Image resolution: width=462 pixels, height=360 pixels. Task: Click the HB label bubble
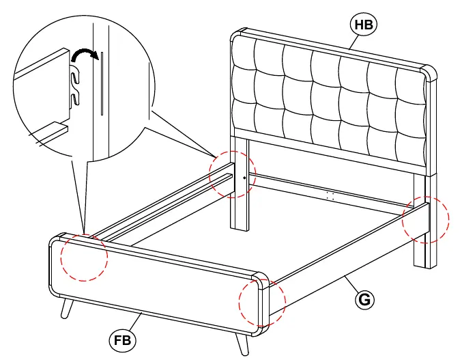[x=363, y=25]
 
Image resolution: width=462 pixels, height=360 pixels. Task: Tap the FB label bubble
[x=122, y=341]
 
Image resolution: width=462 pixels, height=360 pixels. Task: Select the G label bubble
[x=364, y=300]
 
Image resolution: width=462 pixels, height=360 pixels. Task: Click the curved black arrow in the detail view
[x=85, y=55]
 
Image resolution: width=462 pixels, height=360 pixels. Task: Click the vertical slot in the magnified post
[x=102, y=83]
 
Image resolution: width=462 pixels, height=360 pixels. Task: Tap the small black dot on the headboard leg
[x=244, y=178]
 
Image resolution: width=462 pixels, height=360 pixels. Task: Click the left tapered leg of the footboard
[x=67, y=307]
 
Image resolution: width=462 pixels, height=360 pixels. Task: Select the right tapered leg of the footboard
[x=242, y=344]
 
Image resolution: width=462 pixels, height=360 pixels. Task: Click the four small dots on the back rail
[x=330, y=196]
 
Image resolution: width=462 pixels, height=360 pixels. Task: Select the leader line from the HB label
[x=354, y=42]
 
